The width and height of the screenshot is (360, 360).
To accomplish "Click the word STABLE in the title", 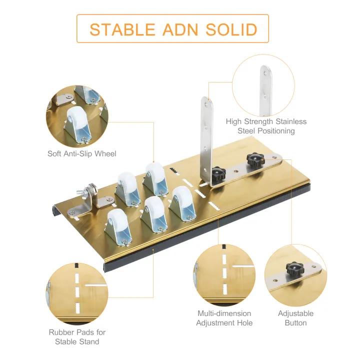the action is click(122, 29).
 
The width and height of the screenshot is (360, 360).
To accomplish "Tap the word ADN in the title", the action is click(180, 29).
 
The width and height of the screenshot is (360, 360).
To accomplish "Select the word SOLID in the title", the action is click(231, 29).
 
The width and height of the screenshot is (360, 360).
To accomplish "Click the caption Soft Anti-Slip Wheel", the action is click(81, 153).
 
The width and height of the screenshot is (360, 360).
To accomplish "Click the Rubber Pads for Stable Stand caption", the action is click(77, 337).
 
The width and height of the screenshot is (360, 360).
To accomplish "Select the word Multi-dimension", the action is click(224, 313).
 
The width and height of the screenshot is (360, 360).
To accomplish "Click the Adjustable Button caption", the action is click(295, 318).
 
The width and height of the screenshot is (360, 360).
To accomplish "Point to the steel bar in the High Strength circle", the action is click(266, 91).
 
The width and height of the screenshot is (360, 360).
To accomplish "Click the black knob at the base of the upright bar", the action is click(218, 174).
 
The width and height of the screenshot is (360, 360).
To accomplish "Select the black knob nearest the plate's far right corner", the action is click(255, 160).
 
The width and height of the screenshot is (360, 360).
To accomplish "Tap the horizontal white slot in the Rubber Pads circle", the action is click(96, 285).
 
